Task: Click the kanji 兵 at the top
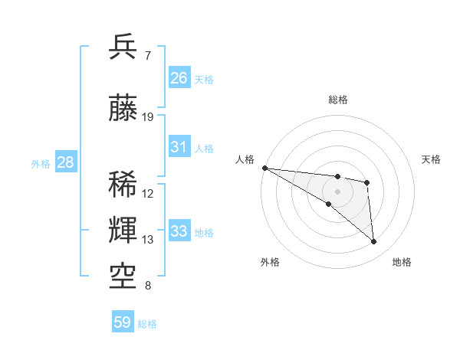(123, 47)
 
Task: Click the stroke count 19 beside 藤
(148, 117)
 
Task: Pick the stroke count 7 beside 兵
(147, 56)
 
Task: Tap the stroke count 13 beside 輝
(148, 240)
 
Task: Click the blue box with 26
(179, 77)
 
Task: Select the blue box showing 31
(179, 146)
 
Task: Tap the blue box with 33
(179, 231)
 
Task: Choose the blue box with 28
(65, 162)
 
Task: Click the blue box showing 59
(123, 322)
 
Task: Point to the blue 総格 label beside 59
(147, 324)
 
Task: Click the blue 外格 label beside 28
(41, 163)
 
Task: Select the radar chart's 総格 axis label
(337, 100)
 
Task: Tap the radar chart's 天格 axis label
(431, 159)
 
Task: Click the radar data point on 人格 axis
(264, 168)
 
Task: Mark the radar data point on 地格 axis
(374, 242)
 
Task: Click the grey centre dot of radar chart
(337, 191)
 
